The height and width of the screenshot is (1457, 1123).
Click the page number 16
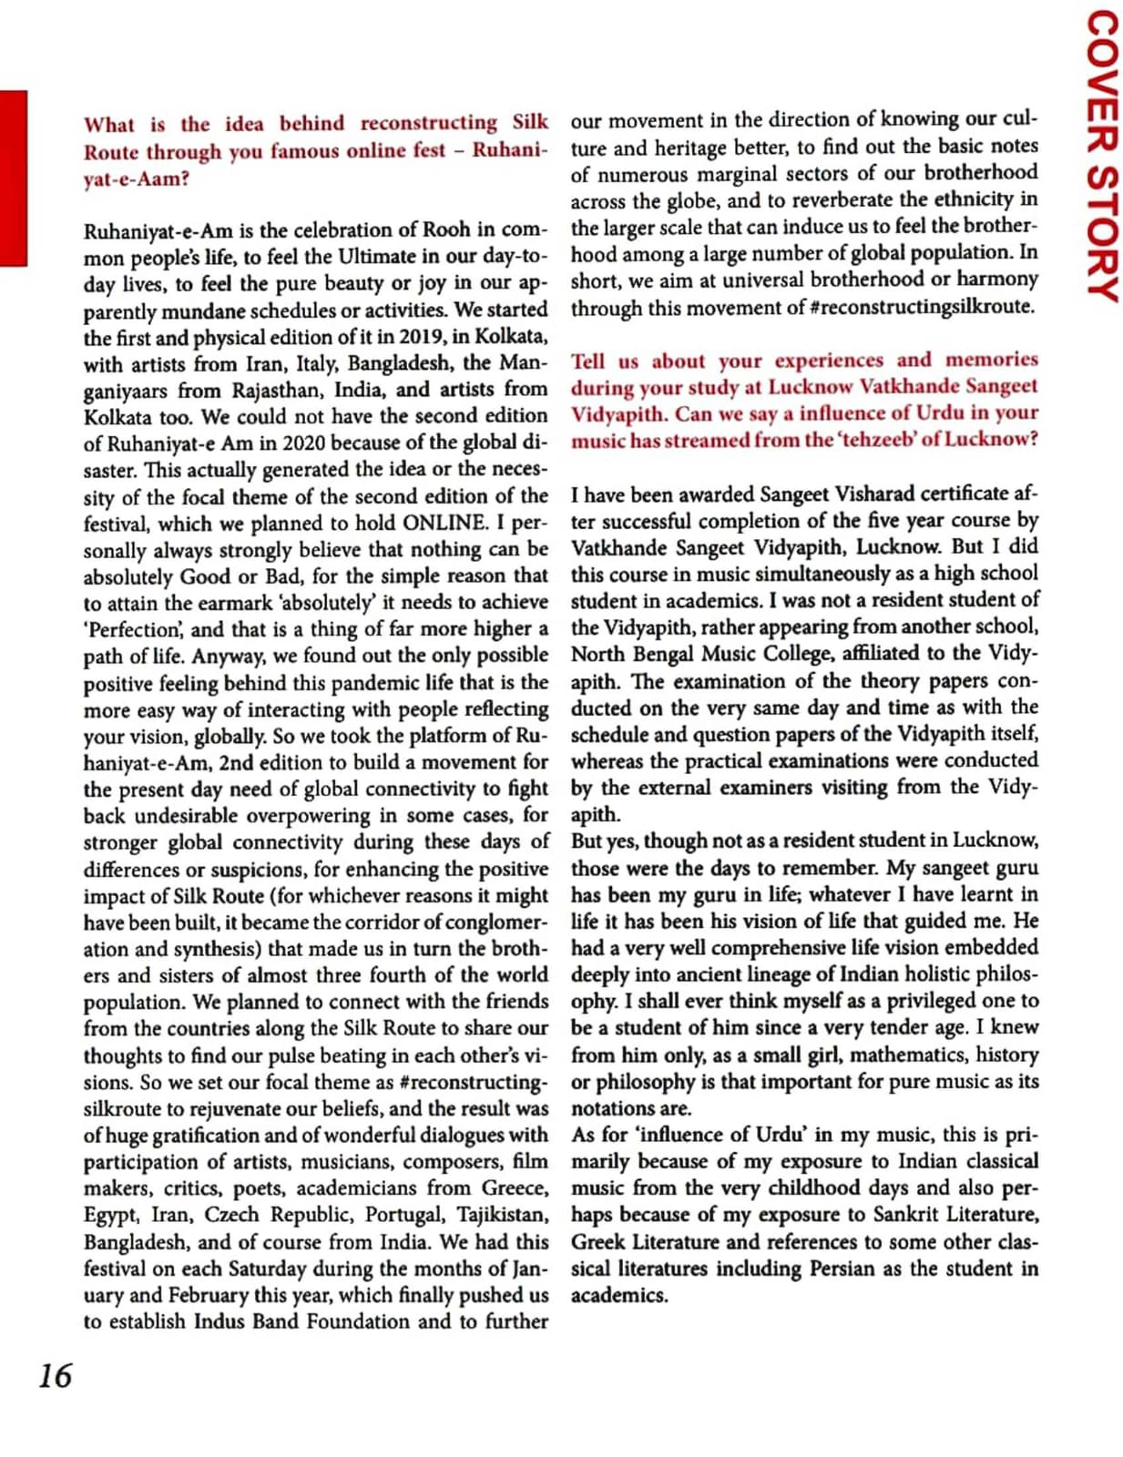[x=55, y=1375]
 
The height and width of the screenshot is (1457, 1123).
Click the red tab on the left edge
[x=13, y=178]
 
